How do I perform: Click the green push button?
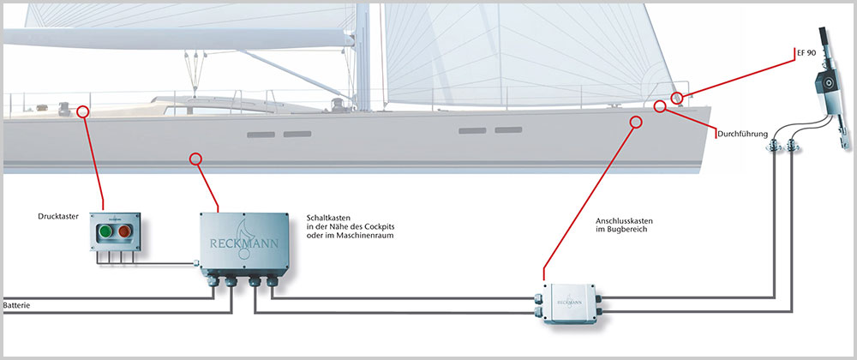[x=105, y=231]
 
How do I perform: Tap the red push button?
[x=125, y=231]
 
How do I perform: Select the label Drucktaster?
[x=58, y=216]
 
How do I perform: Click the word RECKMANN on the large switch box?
[x=243, y=243]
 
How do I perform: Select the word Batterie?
[x=15, y=305]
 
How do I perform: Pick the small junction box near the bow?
[x=569, y=303]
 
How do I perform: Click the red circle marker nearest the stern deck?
[x=82, y=111]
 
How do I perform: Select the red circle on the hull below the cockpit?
[x=195, y=159]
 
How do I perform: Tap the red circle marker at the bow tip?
[x=676, y=98]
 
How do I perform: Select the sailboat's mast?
[x=363, y=57]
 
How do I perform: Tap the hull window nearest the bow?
[x=508, y=130]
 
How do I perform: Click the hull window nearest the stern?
[x=261, y=135]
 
